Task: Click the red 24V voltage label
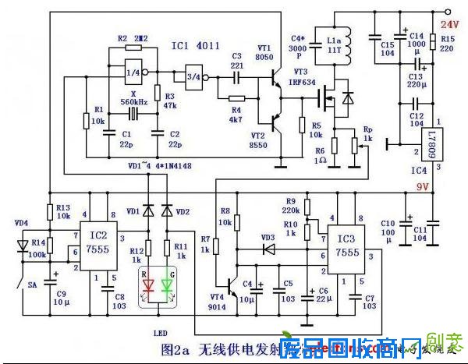pos(451,25)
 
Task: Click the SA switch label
pos(33,285)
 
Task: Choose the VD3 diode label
pos(268,236)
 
